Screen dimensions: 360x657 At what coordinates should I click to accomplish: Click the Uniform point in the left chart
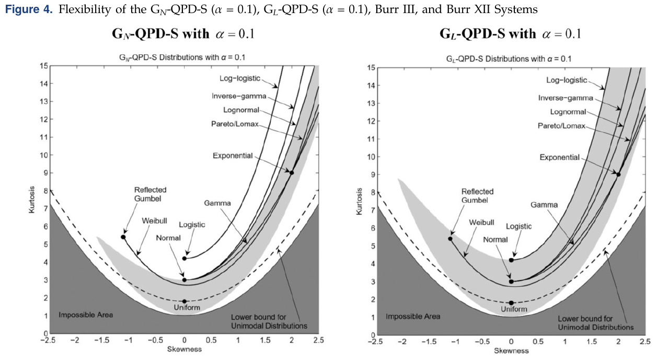point(185,301)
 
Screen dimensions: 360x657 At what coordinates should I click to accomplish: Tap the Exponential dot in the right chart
point(618,175)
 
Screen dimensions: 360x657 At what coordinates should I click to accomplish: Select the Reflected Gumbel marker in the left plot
point(123,237)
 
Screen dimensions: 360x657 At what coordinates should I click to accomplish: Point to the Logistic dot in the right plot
point(511,260)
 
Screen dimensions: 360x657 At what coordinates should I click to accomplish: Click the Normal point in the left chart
point(185,280)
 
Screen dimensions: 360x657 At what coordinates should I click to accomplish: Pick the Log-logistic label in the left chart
point(240,78)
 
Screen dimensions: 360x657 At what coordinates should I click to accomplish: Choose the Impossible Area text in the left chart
point(86,315)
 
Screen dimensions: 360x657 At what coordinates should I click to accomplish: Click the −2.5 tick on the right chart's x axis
point(375,342)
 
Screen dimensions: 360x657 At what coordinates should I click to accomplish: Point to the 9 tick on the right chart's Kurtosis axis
point(370,175)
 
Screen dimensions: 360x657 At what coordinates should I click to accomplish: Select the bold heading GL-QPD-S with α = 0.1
point(511,34)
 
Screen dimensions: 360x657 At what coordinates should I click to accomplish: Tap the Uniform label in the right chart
point(511,309)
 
